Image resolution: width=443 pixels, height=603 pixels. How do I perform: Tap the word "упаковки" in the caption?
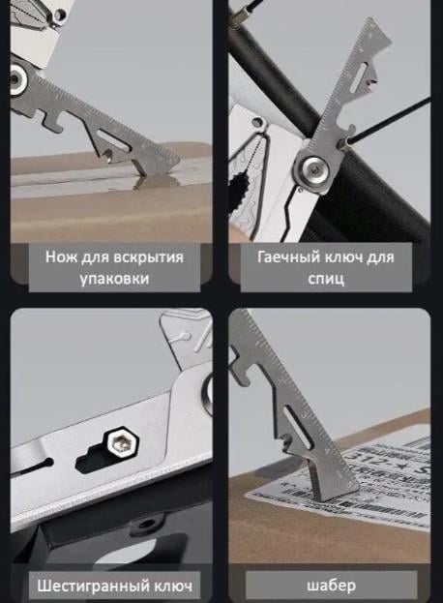(114, 280)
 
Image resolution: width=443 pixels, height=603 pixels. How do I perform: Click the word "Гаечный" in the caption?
(287, 257)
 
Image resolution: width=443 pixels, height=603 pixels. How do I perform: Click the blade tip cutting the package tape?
(145, 176)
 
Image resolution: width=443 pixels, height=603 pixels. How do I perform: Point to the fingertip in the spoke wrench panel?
(238, 232)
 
